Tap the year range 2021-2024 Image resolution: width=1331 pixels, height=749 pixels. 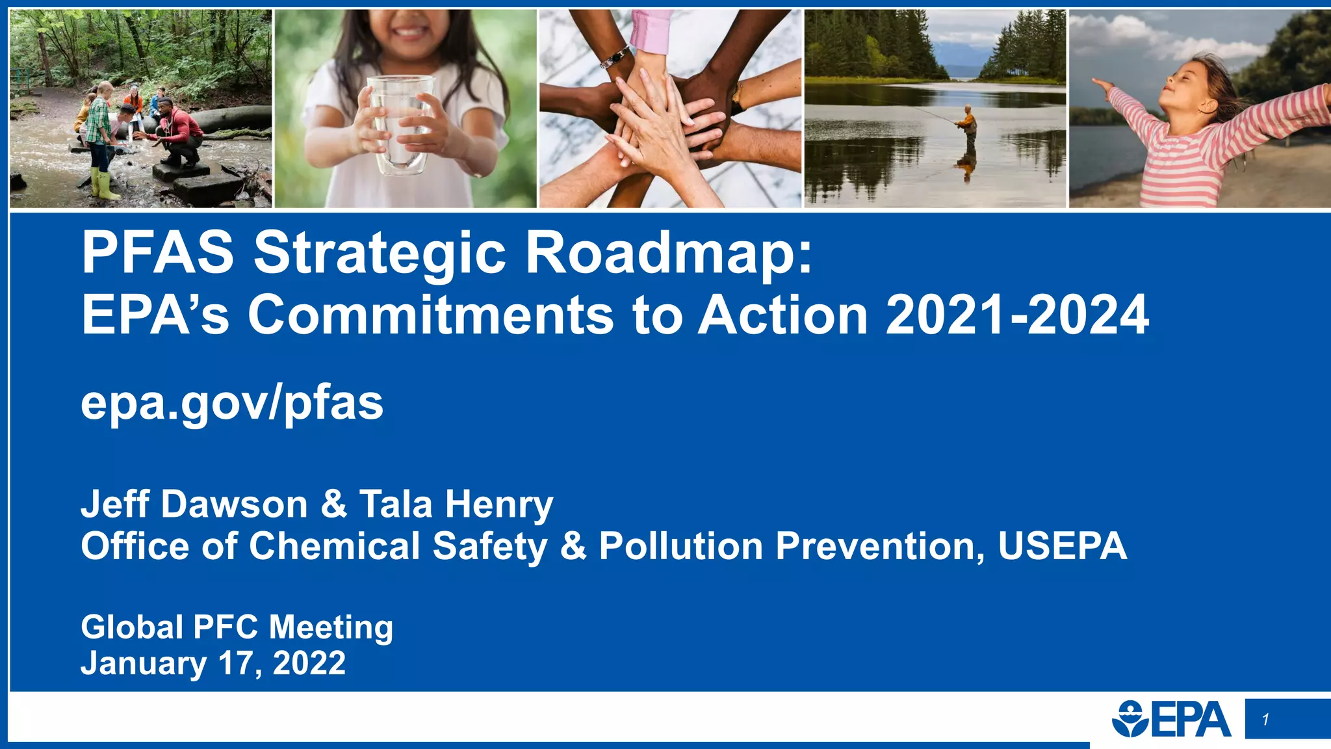1017,315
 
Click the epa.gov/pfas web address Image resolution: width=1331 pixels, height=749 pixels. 232,403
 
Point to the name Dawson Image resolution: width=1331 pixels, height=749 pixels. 234,504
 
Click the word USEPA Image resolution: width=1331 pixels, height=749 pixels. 1062,545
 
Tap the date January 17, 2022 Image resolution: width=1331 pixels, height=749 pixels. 213,663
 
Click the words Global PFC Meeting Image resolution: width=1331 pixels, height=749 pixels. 237,627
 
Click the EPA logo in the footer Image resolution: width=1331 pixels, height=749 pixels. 1171,719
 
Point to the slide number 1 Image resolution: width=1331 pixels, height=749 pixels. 1265,719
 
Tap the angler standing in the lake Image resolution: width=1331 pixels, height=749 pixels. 968,126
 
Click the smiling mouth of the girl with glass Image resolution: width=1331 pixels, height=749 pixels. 409,31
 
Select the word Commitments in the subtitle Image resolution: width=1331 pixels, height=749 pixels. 430,315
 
